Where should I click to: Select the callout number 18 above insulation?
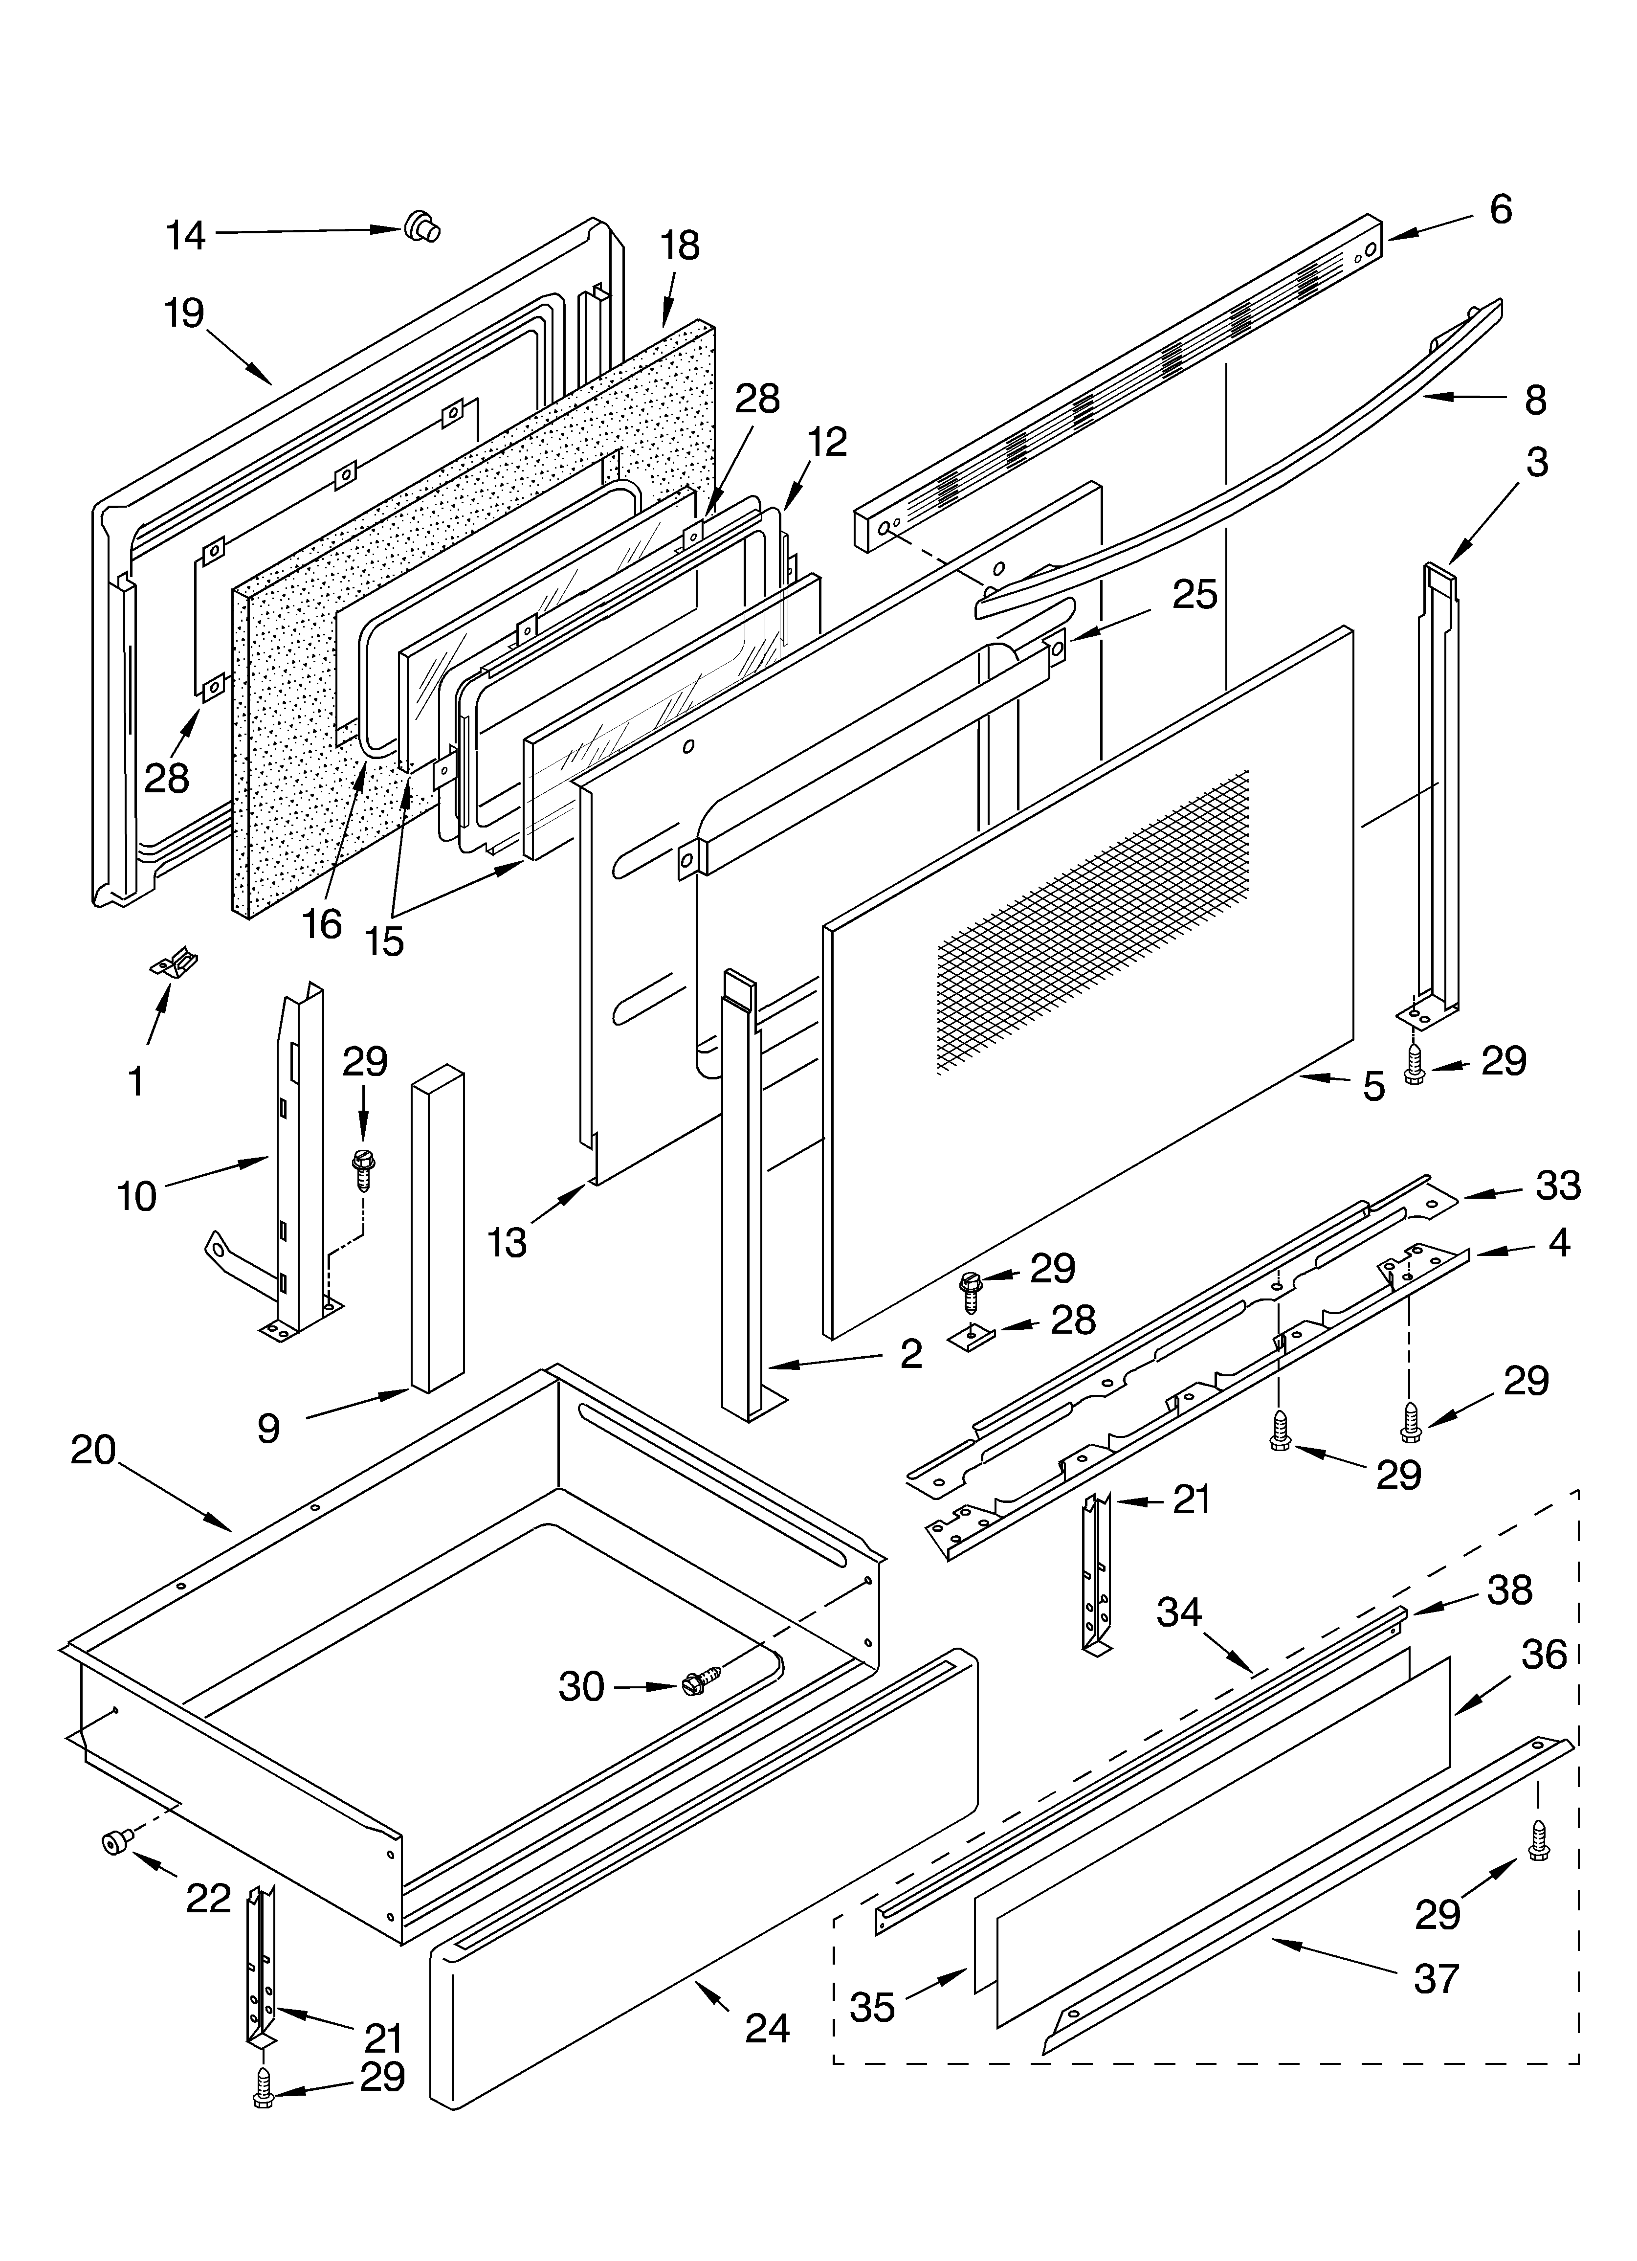point(680,245)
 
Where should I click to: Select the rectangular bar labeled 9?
point(437,1228)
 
